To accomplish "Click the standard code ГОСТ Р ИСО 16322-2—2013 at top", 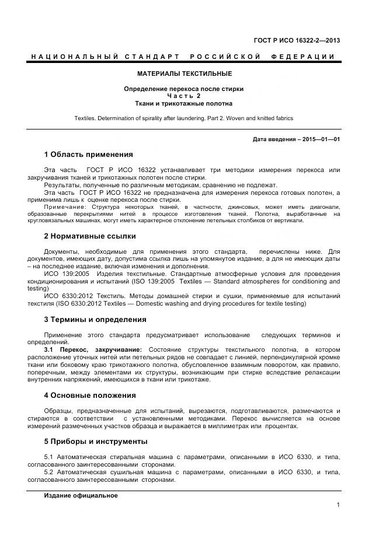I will click(x=297, y=40).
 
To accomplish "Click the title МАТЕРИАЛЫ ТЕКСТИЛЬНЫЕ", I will click(x=184, y=73).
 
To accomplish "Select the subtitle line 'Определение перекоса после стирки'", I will click(x=184, y=89).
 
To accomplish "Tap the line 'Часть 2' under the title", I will click(x=184, y=96).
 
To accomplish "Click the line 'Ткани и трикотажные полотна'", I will click(x=184, y=103).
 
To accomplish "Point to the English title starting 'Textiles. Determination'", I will click(x=184, y=118).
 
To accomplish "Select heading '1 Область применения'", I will click(x=88, y=155).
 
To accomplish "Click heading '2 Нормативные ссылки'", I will click(x=89, y=236).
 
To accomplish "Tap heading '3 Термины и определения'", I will click(x=95, y=320).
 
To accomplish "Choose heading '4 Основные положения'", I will click(x=90, y=395).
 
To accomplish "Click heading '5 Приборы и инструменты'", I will click(x=96, y=441).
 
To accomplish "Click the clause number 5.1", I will click(x=49, y=457).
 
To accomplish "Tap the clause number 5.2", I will click(x=49, y=473).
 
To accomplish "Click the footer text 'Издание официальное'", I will click(x=81, y=495).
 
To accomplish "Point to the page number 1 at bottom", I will click(x=338, y=505).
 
